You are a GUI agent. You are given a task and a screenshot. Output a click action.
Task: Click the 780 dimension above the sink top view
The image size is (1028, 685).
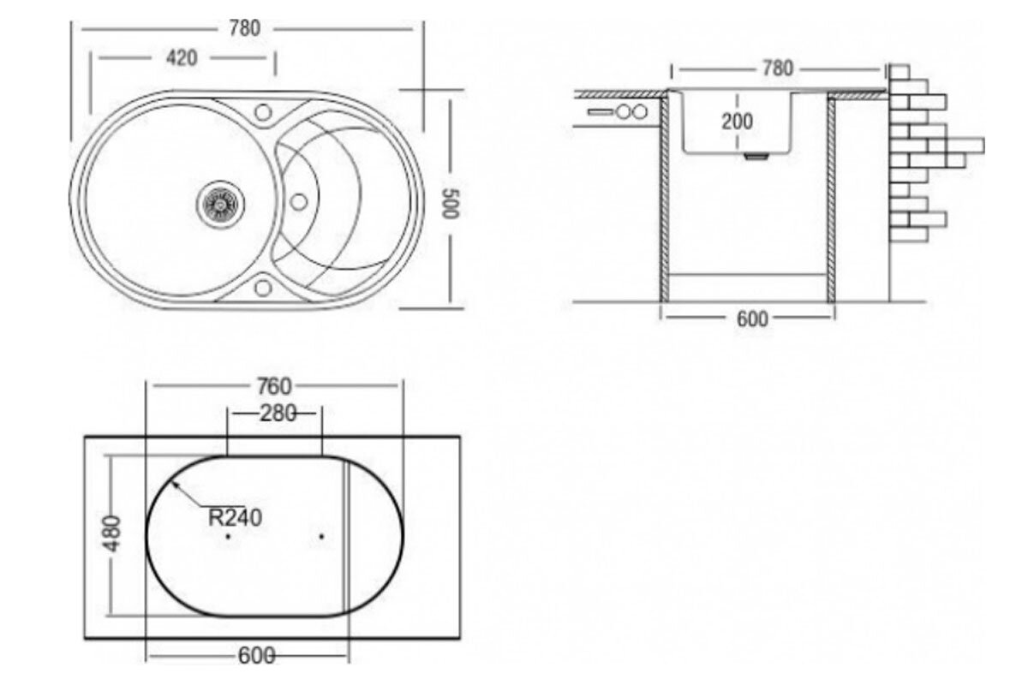[x=245, y=28]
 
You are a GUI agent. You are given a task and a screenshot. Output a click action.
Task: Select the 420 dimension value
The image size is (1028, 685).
[x=182, y=58]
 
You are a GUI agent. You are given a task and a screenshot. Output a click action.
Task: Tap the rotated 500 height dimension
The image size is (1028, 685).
[x=451, y=204]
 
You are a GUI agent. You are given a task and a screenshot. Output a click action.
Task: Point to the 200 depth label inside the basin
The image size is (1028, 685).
[x=737, y=122]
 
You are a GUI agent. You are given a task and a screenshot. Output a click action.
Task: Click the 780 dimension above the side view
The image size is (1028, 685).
[x=778, y=68]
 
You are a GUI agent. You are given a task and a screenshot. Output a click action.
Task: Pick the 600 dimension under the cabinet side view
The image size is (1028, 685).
[x=752, y=319]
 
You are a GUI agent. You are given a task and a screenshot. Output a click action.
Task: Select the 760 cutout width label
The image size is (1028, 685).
[x=274, y=386]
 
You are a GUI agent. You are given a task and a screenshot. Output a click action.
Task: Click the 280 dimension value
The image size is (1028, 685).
[x=278, y=414]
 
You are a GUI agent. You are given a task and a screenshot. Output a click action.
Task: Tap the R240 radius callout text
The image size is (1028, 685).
[x=235, y=518]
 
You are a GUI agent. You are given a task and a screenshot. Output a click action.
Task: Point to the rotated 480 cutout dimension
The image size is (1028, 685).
[x=112, y=533]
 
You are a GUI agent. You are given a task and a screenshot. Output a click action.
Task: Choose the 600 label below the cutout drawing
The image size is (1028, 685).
[x=256, y=656]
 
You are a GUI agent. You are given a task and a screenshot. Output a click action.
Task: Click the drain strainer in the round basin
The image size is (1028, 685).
[x=221, y=204]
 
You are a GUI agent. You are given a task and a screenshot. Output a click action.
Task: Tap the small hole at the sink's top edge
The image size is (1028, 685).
[x=263, y=112]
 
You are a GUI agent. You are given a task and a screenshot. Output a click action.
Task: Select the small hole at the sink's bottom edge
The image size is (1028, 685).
[x=263, y=288]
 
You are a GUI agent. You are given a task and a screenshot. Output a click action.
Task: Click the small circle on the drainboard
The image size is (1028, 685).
[x=299, y=202]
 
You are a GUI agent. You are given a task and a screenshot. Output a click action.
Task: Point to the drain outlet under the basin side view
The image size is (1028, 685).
[x=756, y=156]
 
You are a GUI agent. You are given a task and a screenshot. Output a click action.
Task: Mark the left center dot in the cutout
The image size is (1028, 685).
[x=228, y=536]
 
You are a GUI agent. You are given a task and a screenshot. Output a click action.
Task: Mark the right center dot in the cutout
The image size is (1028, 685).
[x=322, y=536]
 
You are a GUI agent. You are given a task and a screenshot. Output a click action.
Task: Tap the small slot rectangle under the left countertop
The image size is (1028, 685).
[x=601, y=111]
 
